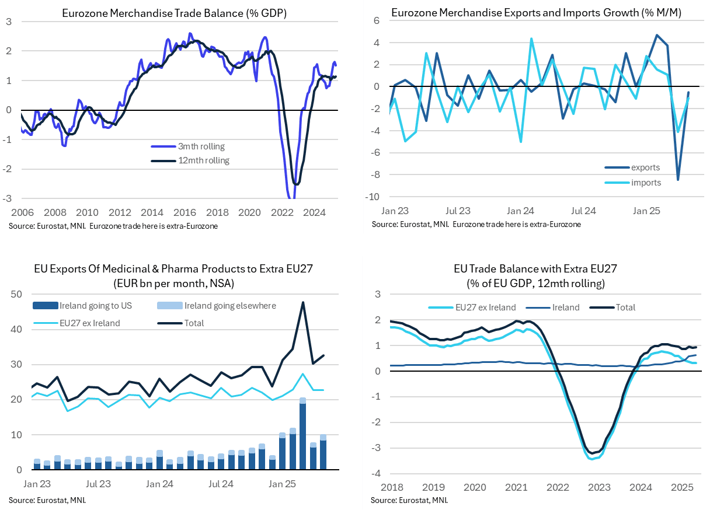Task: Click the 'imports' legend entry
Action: click(x=646, y=183)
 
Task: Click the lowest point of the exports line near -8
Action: click(x=678, y=180)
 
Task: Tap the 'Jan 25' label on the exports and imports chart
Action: click(x=646, y=211)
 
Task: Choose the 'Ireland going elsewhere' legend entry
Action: click(x=230, y=305)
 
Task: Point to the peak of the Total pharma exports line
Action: click(x=303, y=302)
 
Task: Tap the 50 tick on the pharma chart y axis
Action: click(x=18, y=294)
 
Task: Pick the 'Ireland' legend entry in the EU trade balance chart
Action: click(x=565, y=307)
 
